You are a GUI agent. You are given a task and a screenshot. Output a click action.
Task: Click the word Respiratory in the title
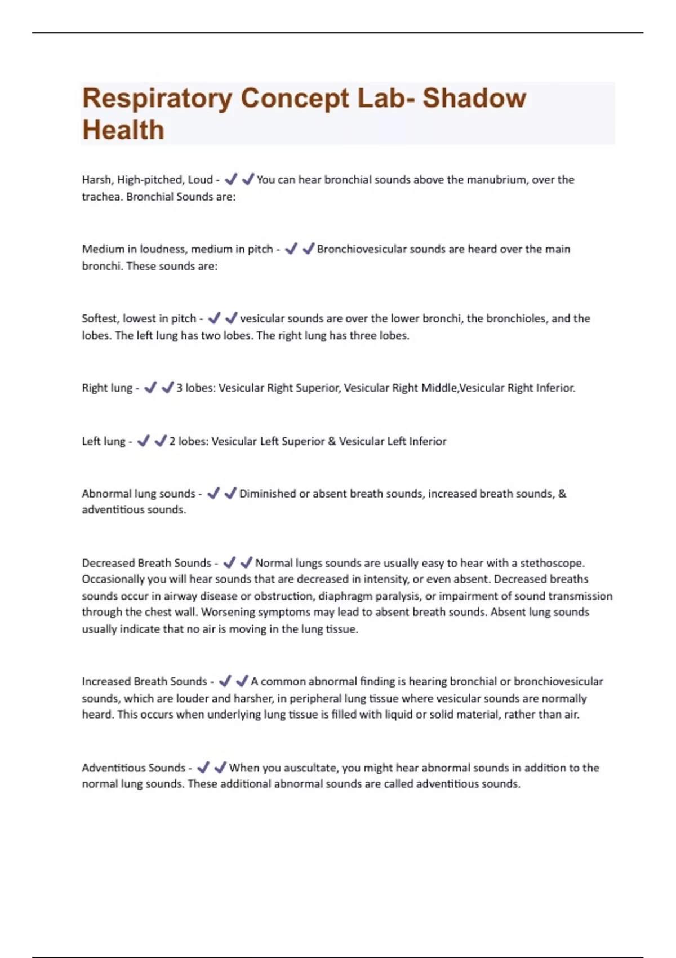pyautogui.click(x=157, y=99)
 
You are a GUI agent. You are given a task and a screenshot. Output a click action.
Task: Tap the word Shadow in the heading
pyautogui.click(x=474, y=98)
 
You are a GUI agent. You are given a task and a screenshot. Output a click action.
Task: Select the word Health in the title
pyautogui.click(x=123, y=130)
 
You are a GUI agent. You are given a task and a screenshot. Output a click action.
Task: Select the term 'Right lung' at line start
pyautogui.click(x=107, y=388)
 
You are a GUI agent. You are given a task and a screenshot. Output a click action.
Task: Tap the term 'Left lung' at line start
pyautogui.click(x=104, y=441)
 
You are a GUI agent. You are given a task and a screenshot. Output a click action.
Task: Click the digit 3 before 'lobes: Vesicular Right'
pyautogui.click(x=180, y=388)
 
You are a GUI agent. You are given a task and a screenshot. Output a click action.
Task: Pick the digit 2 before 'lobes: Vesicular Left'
pyautogui.click(x=172, y=441)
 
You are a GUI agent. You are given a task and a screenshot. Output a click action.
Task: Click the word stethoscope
pyautogui.click(x=552, y=563)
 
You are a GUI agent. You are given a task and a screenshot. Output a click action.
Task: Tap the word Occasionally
pyautogui.click(x=113, y=579)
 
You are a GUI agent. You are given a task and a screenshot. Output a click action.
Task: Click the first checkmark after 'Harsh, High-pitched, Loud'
pyautogui.click(x=230, y=179)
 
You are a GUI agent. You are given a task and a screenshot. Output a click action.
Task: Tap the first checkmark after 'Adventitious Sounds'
pyautogui.click(x=203, y=767)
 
